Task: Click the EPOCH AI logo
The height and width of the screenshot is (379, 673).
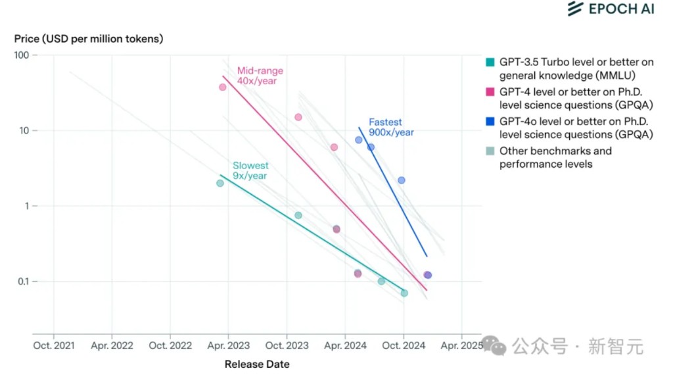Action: point(611,9)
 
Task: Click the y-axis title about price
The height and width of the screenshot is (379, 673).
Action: point(89,39)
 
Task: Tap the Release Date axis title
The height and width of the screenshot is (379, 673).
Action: point(257,364)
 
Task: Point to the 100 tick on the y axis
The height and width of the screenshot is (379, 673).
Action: point(22,55)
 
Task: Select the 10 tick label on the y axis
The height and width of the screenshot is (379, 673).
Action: point(25,131)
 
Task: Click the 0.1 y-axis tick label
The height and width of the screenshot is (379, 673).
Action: point(23,282)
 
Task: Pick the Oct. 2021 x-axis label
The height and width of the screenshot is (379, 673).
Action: point(53,345)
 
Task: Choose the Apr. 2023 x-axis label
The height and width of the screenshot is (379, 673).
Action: point(228,345)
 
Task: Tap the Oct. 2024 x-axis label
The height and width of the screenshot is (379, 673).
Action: point(404,345)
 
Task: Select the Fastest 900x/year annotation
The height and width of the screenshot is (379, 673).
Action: point(391,127)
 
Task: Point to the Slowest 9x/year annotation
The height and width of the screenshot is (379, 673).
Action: point(250,170)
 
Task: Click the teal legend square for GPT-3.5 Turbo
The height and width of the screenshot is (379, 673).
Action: point(490,63)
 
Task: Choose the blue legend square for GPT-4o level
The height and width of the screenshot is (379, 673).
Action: point(490,122)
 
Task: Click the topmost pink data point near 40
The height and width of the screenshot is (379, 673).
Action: point(223,87)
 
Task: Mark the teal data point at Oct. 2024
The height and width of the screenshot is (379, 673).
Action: point(404,293)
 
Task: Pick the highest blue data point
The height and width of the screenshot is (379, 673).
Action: point(359,139)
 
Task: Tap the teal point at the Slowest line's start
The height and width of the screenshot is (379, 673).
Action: point(220,183)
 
